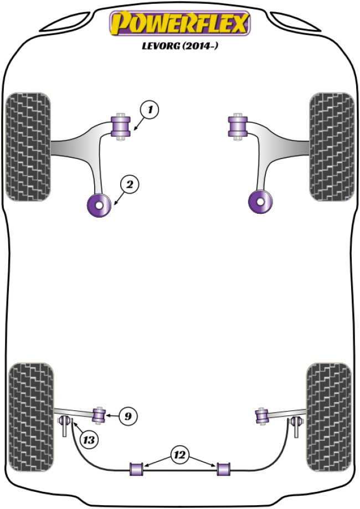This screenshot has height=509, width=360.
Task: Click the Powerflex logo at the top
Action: point(180,24)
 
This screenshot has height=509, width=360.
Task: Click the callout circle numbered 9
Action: point(127,414)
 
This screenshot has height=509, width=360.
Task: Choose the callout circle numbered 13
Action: point(88,440)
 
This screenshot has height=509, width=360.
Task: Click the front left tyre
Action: point(28,146)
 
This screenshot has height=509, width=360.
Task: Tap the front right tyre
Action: point(331,146)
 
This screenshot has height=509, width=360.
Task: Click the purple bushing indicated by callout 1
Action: point(120,126)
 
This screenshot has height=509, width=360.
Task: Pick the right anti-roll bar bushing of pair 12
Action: point(223,468)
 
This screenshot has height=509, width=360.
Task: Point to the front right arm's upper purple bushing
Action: point(237,126)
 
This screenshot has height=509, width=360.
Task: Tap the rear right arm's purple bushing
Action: point(261,415)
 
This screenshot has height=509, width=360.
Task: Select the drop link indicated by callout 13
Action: point(65,425)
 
